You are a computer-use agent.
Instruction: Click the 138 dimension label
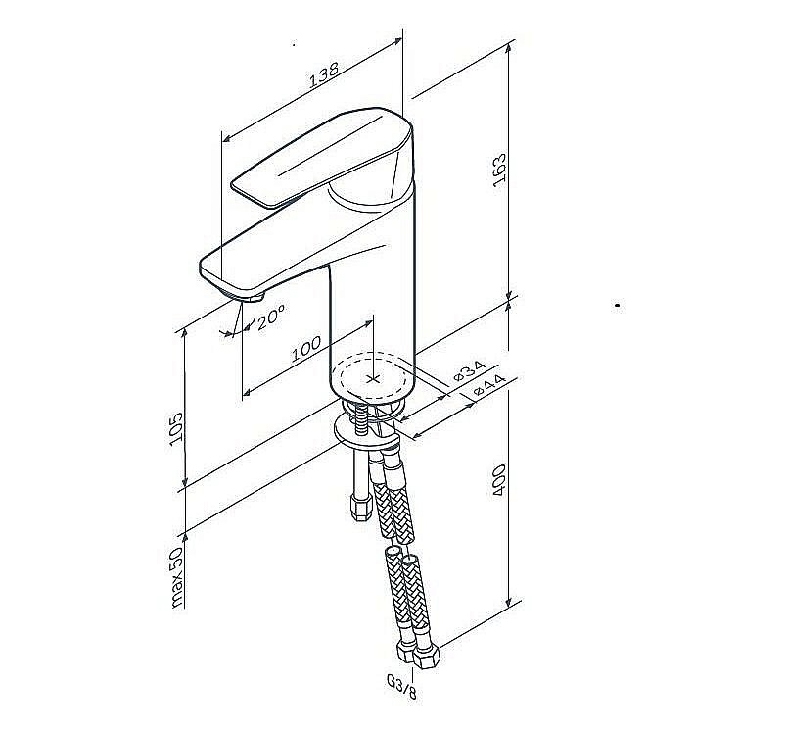324,74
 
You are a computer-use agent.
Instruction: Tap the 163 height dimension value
500,171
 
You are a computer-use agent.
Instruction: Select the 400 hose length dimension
500,480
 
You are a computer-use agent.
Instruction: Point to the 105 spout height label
176,428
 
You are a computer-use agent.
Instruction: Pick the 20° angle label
271,318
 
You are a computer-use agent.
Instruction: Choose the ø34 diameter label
469,370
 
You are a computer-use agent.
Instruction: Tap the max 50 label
176,577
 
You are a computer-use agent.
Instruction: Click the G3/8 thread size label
401,687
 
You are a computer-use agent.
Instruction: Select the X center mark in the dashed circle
373,378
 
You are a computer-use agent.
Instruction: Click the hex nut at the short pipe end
361,508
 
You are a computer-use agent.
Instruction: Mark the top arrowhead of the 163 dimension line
509,48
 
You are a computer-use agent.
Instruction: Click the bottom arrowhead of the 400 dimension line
509,601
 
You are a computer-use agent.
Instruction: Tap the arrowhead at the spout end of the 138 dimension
227,138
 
